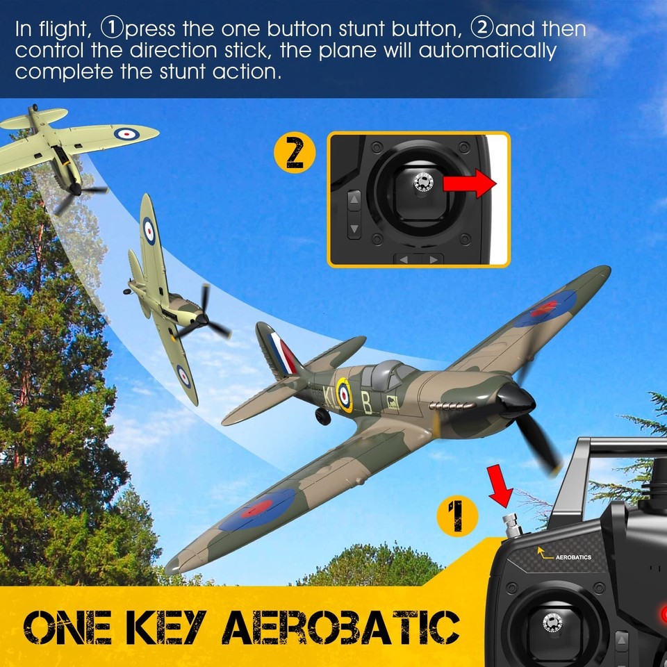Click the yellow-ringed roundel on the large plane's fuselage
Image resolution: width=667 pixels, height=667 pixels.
344,393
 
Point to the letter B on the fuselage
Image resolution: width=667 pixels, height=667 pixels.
366,402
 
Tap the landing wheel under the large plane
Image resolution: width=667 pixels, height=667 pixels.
323,416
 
